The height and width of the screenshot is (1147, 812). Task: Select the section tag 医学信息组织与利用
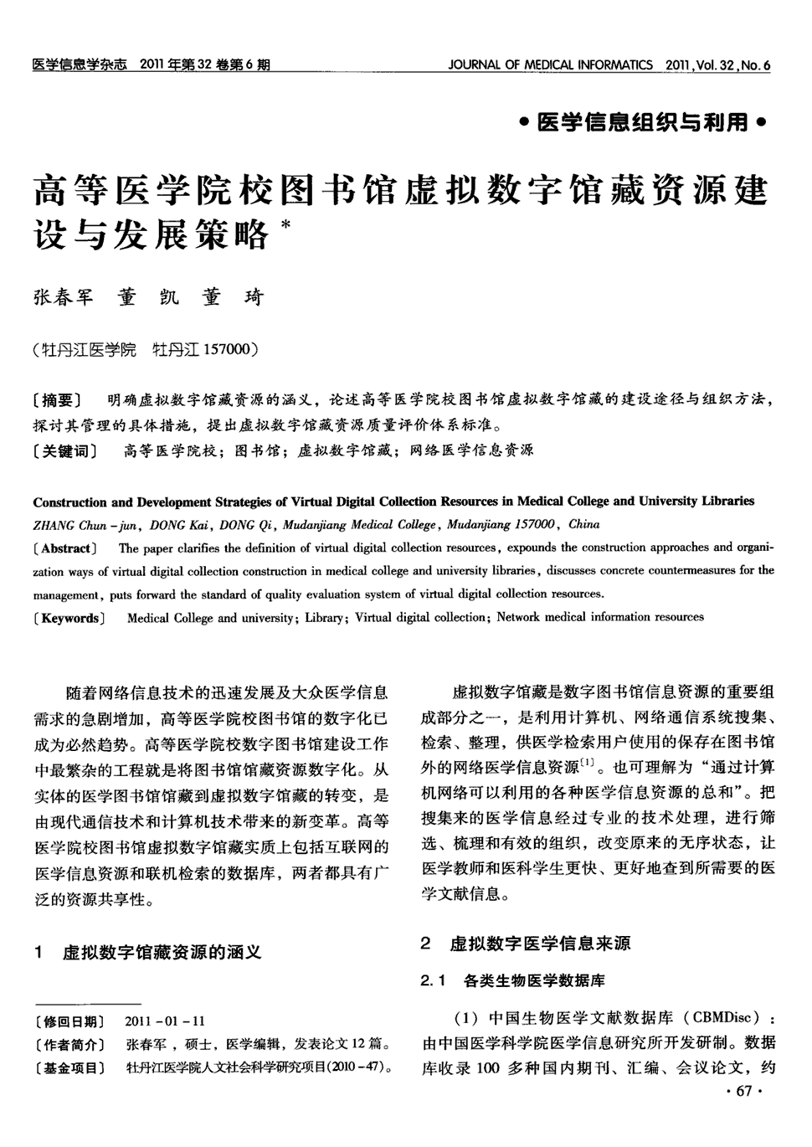tap(642, 123)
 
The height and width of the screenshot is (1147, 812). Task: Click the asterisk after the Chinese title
tap(287, 225)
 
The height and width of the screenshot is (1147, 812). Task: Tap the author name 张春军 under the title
tap(64, 297)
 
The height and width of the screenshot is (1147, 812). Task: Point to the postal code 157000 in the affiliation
tap(220, 350)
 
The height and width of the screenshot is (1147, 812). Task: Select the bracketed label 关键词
tap(64, 451)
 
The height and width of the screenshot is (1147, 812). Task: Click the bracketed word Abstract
tap(66, 549)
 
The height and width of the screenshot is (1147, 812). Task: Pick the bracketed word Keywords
tap(70, 619)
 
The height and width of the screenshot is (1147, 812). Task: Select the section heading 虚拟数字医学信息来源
tap(540, 944)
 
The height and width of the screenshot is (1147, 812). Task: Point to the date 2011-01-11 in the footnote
tap(165, 1021)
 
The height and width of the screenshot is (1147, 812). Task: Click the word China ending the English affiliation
tap(583, 525)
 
